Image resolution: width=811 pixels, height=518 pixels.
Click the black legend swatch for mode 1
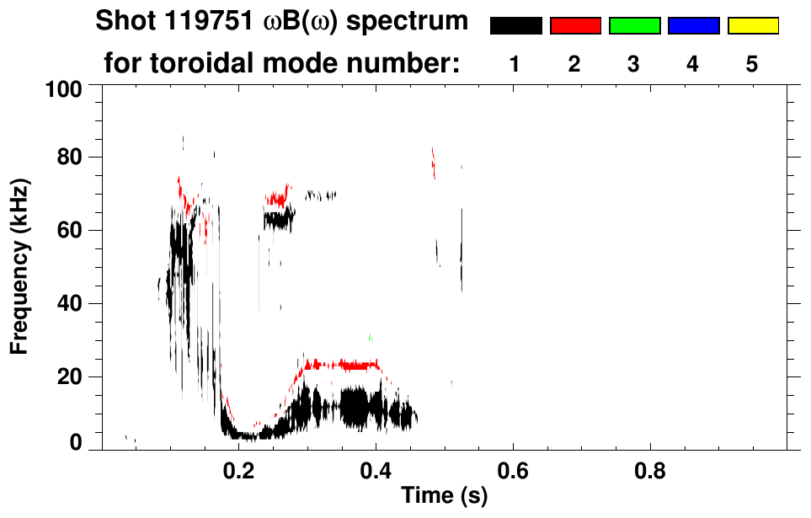pyautogui.click(x=515, y=26)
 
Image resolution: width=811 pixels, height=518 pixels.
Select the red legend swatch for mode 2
pyautogui.click(x=575, y=26)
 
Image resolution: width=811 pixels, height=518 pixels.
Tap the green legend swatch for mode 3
pyautogui.click(x=634, y=26)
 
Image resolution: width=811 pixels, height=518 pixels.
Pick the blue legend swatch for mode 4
pyautogui.click(x=693, y=26)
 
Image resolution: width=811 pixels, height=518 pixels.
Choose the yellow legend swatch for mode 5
pyautogui.click(x=752, y=26)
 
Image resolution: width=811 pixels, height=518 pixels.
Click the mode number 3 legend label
pyautogui.click(x=634, y=64)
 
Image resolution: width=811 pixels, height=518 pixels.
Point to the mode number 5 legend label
pyautogui.click(x=752, y=64)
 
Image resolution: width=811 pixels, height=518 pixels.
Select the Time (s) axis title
pyautogui.click(x=444, y=497)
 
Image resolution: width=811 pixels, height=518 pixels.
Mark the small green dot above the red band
pyautogui.click(x=370, y=338)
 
